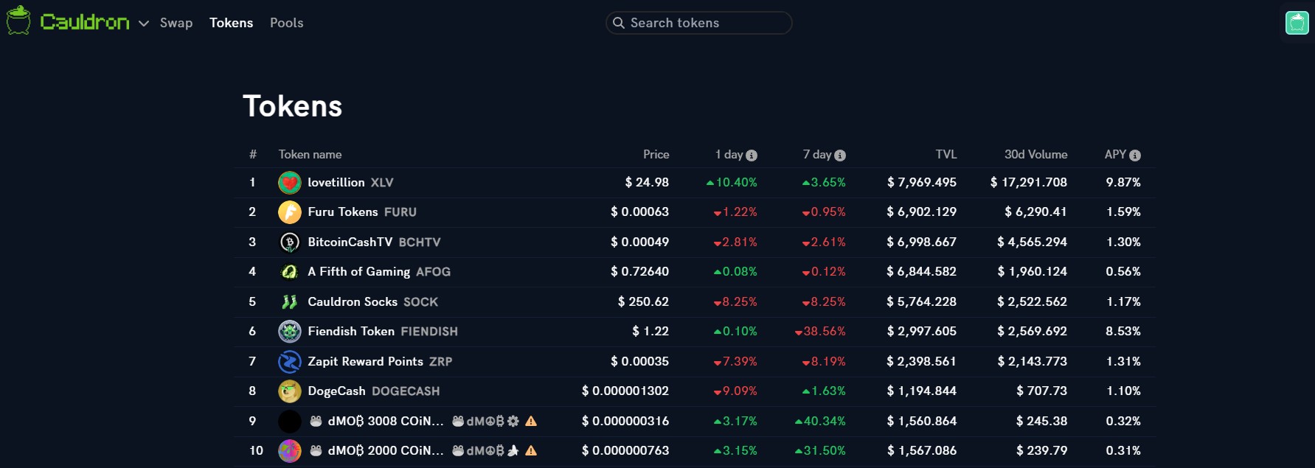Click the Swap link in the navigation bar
(176, 23)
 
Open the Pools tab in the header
(287, 23)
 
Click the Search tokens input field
(699, 23)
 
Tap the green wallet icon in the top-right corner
(1297, 23)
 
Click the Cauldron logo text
(85, 22)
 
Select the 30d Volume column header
(1035, 155)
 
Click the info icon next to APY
(1135, 156)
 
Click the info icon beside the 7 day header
(840, 156)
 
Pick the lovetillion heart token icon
(290, 183)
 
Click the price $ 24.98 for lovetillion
(647, 182)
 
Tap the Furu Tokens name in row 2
(343, 212)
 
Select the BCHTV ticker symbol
(420, 242)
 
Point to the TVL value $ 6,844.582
(921, 272)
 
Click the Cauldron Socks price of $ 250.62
(643, 302)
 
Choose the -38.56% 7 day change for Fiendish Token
(820, 332)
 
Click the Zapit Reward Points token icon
(290, 362)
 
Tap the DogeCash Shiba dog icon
(290, 391)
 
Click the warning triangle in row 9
(531, 421)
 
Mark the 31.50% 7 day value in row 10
(820, 451)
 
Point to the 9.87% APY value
(1123, 182)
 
